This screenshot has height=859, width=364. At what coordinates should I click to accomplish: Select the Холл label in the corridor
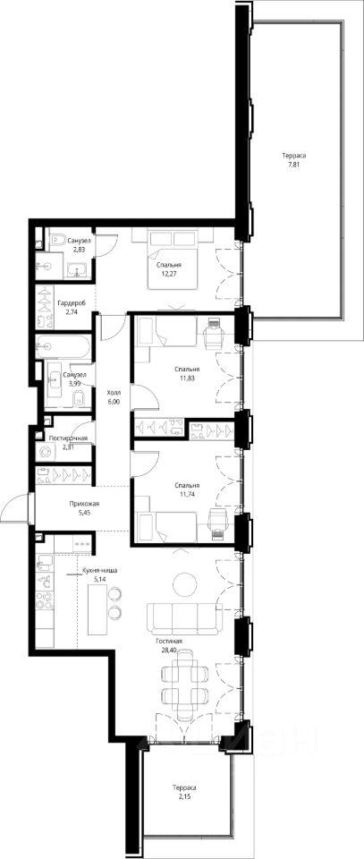tap(114, 393)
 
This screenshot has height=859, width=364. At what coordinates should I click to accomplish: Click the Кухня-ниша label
tap(99, 570)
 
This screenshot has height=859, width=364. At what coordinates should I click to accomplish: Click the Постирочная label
tap(69, 438)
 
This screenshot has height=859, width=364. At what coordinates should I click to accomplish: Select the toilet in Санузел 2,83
tap(57, 240)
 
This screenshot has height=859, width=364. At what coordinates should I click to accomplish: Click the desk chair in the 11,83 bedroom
tap(212, 333)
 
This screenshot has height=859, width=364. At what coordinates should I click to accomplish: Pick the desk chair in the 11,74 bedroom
tap(218, 518)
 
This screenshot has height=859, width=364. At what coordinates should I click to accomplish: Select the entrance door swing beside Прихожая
tap(13, 506)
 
